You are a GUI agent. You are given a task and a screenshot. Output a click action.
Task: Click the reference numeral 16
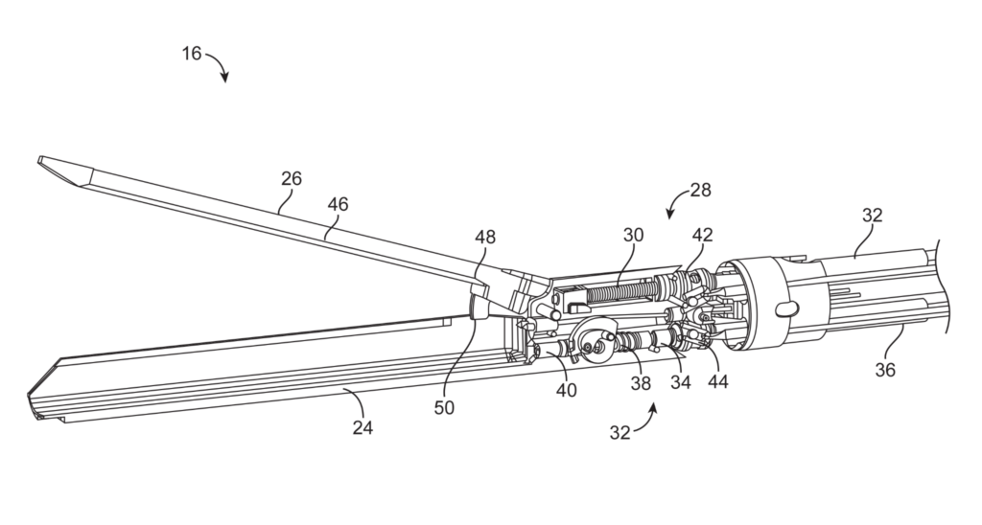[192, 54]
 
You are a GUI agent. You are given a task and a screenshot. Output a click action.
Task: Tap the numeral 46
[338, 204]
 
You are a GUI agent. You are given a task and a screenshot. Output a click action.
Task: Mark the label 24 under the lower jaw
[362, 427]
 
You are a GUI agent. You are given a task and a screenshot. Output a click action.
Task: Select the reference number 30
[633, 236]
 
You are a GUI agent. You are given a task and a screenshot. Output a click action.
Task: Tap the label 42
[701, 236]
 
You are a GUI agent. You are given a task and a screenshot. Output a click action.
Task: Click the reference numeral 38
[640, 383]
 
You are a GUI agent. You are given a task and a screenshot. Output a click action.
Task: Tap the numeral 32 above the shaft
[871, 217]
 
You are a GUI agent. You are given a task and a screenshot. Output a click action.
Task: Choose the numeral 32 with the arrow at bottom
[620, 432]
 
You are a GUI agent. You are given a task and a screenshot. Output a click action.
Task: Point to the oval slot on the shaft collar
[784, 308]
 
